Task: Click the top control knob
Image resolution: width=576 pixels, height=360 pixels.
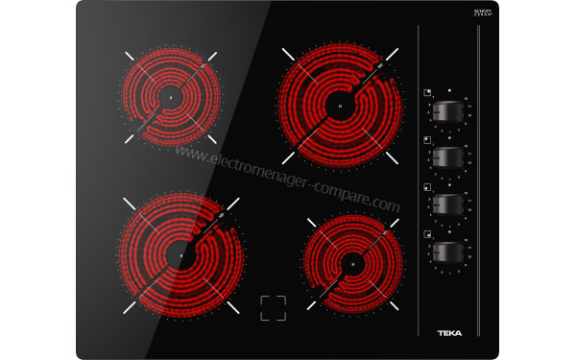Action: [449, 112]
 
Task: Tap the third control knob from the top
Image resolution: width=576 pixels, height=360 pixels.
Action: [449, 204]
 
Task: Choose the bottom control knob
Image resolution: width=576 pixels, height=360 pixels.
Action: [449, 252]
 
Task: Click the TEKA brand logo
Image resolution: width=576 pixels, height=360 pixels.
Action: [450, 333]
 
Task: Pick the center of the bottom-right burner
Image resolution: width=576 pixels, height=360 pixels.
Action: [352, 261]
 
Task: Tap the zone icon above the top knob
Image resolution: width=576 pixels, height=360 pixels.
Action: [425, 92]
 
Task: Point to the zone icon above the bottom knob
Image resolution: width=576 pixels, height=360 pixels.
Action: [425, 232]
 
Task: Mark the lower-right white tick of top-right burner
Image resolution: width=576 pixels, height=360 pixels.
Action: [392, 156]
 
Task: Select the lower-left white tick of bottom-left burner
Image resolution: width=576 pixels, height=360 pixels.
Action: [129, 308]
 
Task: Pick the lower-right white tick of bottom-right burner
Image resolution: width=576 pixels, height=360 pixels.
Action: [392, 307]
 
